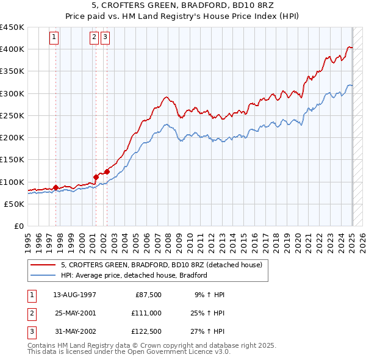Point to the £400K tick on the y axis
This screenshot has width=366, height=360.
coord(12,49)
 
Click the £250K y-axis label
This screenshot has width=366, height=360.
coord(12,115)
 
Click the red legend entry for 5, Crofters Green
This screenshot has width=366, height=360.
coord(162,265)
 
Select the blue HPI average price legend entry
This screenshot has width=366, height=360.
coord(134,275)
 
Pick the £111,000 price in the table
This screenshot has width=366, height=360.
coord(146,313)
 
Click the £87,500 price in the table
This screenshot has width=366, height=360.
coord(148,294)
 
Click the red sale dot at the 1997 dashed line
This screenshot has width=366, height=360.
coord(56,187)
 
